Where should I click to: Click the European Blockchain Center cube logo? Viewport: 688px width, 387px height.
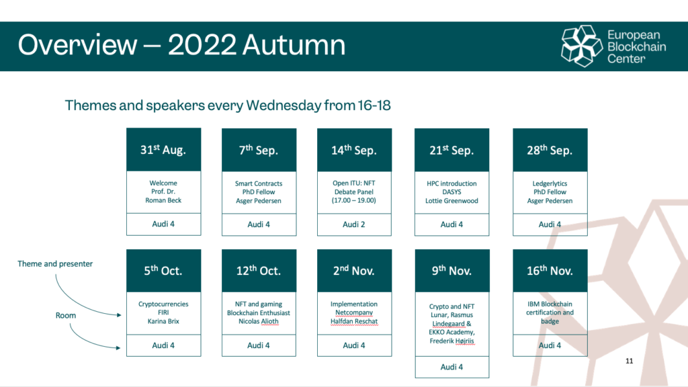[x=582, y=46]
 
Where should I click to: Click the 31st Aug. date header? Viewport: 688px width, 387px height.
[x=164, y=150]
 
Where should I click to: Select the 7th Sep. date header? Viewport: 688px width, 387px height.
[x=259, y=150]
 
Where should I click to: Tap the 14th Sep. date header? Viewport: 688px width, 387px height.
[x=354, y=150]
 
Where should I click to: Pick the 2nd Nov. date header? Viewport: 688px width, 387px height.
[x=354, y=271]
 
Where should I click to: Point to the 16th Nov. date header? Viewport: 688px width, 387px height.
[x=550, y=271]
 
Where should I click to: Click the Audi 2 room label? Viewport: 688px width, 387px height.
[x=353, y=224]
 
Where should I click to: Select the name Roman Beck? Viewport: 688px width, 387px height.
[x=163, y=200]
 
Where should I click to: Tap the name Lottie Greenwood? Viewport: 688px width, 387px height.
[x=451, y=200]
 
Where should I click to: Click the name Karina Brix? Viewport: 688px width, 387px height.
[x=163, y=321]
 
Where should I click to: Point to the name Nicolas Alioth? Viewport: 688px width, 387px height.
[x=259, y=321]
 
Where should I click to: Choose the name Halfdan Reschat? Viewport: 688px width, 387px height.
[x=354, y=321]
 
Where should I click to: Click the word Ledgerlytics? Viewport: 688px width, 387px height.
[x=550, y=183]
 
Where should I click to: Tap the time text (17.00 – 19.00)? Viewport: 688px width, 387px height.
[x=353, y=200]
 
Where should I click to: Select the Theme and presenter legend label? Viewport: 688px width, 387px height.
[x=55, y=263]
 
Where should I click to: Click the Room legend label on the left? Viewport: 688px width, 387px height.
[x=66, y=316]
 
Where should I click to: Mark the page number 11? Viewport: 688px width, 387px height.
[x=629, y=361]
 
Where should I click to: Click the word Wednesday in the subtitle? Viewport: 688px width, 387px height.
[x=284, y=105]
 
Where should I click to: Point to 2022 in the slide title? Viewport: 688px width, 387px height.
[x=202, y=45]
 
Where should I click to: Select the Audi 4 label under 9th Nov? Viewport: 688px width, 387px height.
[x=451, y=367]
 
